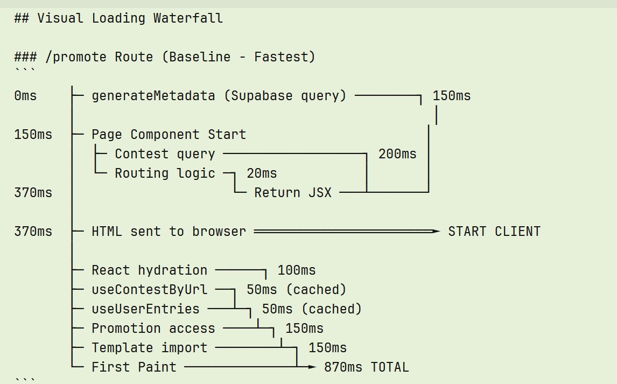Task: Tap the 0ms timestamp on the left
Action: click(25, 96)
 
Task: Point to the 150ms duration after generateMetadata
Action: click(451, 96)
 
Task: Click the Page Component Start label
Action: click(169, 135)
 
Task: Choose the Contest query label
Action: click(165, 154)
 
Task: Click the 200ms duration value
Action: click(397, 154)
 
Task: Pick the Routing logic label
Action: click(165, 173)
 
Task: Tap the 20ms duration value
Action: click(262, 173)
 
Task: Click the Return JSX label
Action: click(293, 193)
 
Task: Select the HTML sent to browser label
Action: click(169, 232)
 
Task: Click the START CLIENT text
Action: click(494, 232)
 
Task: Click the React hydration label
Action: click(149, 270)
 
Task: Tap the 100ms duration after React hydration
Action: click(296, 270)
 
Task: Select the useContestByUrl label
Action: click(149, 290)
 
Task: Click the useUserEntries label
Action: click(145, 309)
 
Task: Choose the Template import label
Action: click(149, 348)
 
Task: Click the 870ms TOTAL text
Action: click(366, 367)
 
